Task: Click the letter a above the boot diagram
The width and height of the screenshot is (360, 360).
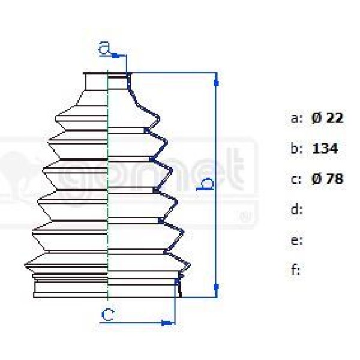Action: (x=104, y=49)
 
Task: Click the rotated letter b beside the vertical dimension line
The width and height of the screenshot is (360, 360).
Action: (x=205, y=184)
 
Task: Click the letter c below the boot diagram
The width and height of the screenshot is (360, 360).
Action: (x=107, y=314)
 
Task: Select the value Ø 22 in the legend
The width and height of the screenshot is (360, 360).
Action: (x=328, y=118)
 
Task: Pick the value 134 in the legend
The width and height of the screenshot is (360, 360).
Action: (x=325, y=148)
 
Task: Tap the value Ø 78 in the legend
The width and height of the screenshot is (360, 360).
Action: (x=328, y=179)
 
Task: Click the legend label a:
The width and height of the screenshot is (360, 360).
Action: (x=296, y=118)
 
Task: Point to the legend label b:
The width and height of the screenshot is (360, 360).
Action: (x=296, y=148)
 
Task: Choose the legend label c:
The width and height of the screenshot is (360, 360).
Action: (x=296, y=179)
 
